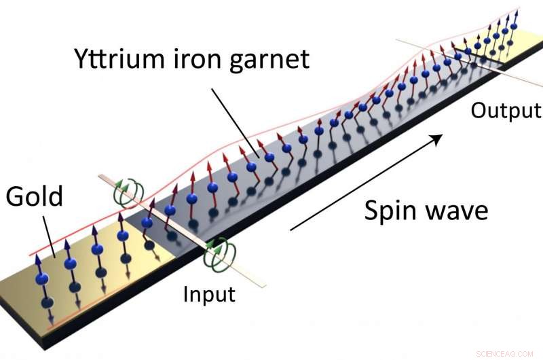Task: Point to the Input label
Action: point(208,294)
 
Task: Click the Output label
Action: point(506,110)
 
